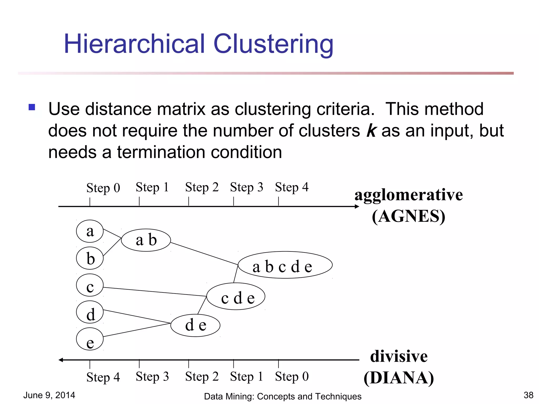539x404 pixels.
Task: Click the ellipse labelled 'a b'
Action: click(x=146, y=240)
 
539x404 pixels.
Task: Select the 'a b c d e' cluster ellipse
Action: click(x=285, y=265)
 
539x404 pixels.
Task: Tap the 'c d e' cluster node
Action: click(x=236, y=296)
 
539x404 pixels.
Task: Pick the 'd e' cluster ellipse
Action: click(x=195, y=325)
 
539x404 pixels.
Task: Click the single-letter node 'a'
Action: click(x=90, y=231)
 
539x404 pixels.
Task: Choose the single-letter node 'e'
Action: click(x=90, y=339)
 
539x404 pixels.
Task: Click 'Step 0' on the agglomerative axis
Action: click(x=103, y=188)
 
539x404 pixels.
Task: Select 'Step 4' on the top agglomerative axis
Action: click(x=292, y=187)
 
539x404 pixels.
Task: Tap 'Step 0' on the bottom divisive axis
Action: click(x=292, y=376)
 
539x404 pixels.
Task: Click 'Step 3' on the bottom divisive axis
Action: click(x=152, y=376)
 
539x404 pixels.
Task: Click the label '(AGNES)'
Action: click(x=408, y=216)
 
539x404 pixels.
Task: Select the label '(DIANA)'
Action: click(x=399, y=378)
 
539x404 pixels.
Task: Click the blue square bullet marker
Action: click(x=32, y=107)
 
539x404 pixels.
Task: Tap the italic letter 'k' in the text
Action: click(x=371, y=131)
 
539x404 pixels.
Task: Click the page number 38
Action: click(x=528, y=395)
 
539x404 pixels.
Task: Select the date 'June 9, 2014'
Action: click(x=49, y=395)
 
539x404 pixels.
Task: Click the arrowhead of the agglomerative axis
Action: click(x=357, y=206)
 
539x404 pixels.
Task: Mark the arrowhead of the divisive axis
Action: click(x=61, y=360)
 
